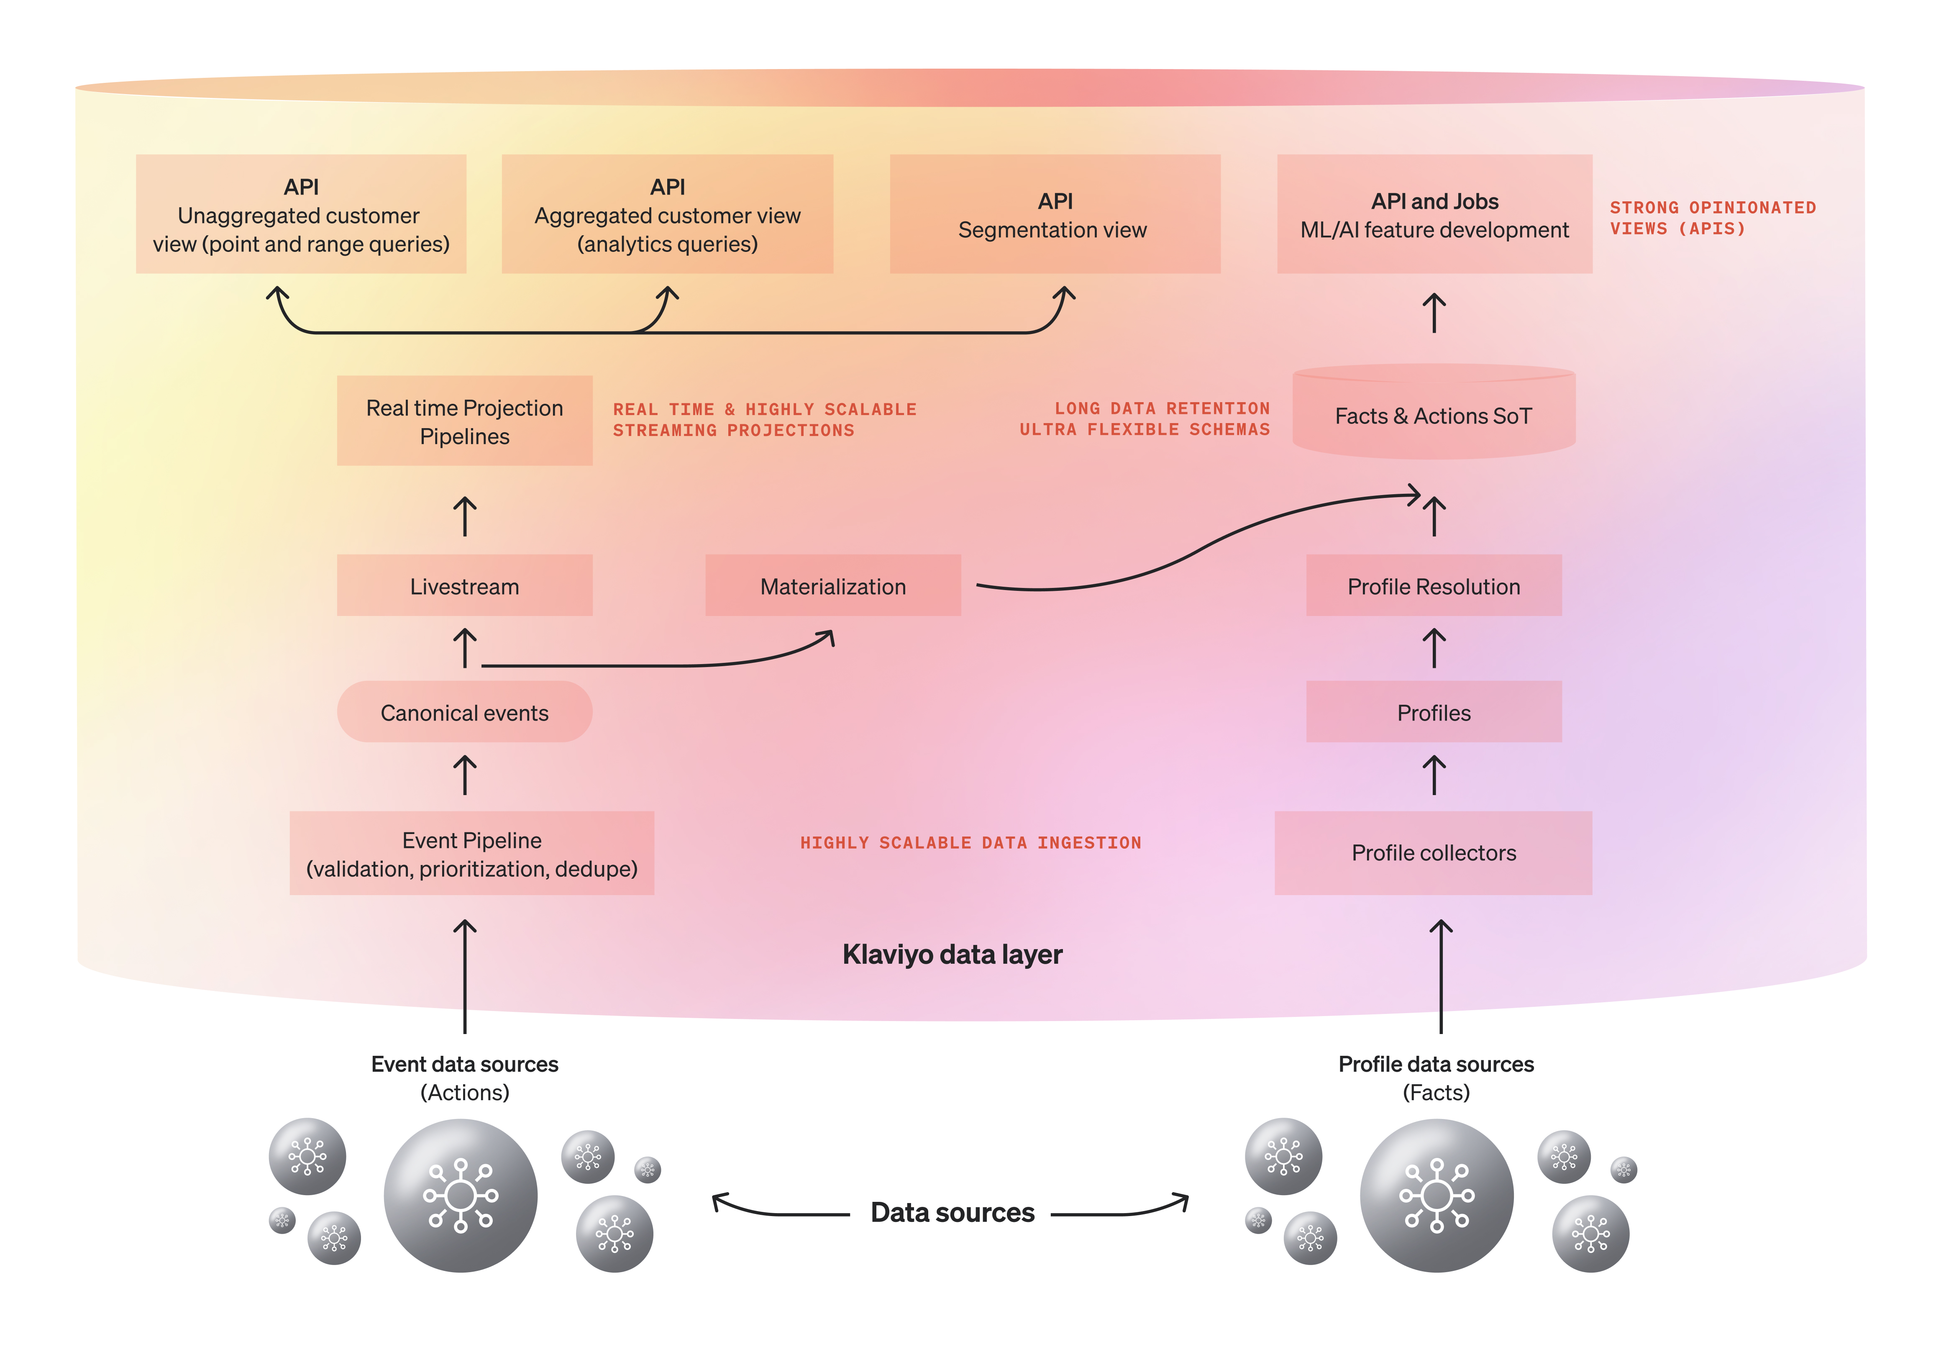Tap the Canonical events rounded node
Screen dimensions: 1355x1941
tap(464, 712)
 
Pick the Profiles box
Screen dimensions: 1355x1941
tap(1434, 712)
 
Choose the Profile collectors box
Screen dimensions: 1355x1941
tap(1434, 852)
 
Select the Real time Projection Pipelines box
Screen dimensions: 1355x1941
tap(464, 421)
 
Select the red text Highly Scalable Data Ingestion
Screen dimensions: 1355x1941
tap(970, 842)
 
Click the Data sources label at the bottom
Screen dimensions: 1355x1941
tap(952, 1212)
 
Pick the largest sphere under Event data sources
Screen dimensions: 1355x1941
tap(461, 1195)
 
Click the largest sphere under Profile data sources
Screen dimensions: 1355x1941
tap(1437, 1195)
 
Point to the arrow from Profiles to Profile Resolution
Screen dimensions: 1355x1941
tap(1434, 648)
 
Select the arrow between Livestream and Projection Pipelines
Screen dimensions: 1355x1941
tap(464, 516)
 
